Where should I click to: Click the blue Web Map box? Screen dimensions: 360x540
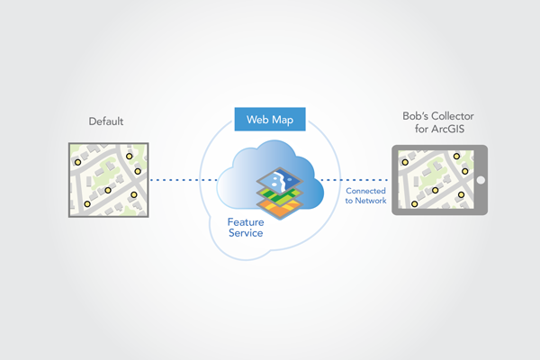[269, 119]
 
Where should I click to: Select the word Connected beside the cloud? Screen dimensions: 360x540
[366, 190]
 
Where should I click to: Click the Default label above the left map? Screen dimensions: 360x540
[107, 121]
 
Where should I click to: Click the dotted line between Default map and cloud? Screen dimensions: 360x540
[184, 180]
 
